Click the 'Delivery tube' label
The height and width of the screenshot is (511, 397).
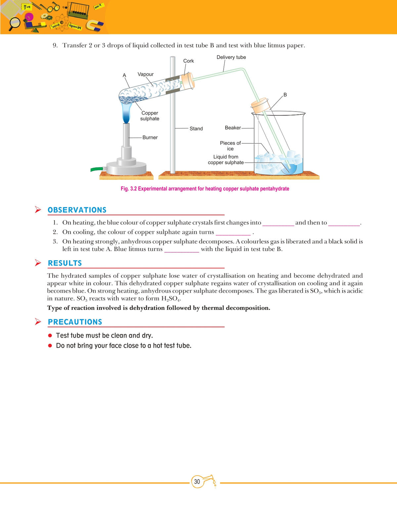tap(231, 57)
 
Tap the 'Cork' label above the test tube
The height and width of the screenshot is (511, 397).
tap(188, 61)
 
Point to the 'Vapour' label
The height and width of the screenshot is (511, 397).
tap(146, 74)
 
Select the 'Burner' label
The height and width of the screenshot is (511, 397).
tap(150, 137)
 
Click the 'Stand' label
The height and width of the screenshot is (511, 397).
tap(196, 128)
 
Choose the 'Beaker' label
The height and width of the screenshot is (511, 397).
tap(233, 128)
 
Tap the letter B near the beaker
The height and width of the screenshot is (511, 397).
tap(285, 95)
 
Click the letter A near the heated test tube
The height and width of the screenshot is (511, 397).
tap(124, 76)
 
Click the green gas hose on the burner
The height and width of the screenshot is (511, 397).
tap(97, 169)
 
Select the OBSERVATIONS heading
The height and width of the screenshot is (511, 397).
tap(77, 210)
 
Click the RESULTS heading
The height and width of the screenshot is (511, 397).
tap(65, 263)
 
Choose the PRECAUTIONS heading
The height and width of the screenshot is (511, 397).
tap(75, 322)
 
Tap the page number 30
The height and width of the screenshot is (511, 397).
tap(197, 482)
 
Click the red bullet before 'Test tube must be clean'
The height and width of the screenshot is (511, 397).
tap(50, 335)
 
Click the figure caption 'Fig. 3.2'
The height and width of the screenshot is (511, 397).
tap(204, 189)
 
